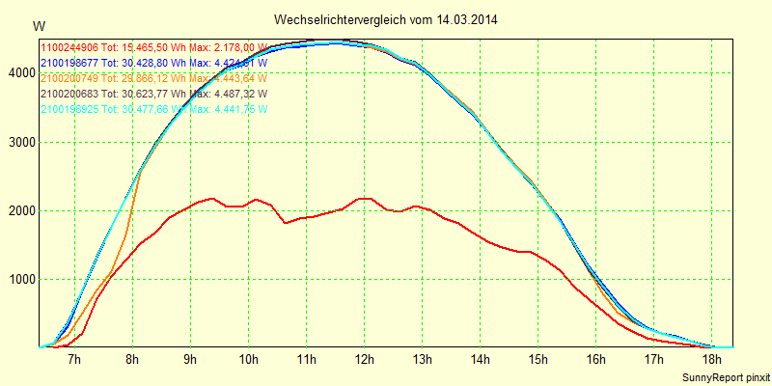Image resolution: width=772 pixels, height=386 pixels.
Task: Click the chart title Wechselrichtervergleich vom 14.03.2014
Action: tap(386, 19)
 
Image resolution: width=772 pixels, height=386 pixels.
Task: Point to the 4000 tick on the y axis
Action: tap(18, 73)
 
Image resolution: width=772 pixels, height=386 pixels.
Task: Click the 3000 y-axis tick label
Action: tap(18, 142)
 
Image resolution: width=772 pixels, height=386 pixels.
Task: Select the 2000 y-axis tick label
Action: tap(18, 210)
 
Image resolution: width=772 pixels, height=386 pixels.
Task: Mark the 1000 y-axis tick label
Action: tap(18, 279)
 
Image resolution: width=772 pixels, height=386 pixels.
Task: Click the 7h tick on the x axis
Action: tap(74, 360)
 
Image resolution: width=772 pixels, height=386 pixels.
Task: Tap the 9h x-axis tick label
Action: tap(190, 360)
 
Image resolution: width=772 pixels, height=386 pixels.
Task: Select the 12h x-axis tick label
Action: tap(364, 360)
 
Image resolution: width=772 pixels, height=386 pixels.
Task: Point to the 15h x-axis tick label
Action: tap(538, 360)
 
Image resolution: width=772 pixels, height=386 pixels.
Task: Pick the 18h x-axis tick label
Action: tap(711, 360)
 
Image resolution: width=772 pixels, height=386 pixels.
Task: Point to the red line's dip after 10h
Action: tap(286, 223)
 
